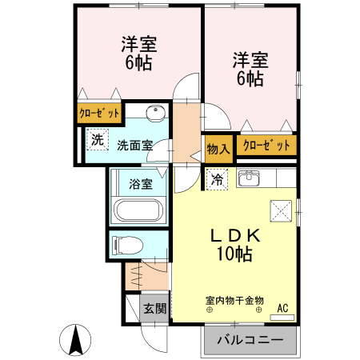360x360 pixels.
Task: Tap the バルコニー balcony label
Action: coord(250,340)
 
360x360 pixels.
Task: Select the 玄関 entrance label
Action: coord(155,308)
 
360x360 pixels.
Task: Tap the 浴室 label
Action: coord(141,183)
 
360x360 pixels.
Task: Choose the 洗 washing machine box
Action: coord(97,140)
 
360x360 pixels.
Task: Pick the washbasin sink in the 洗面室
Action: coord(155,112)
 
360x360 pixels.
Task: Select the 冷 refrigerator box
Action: coord(216,180)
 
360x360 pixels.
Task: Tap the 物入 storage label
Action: coord(218,147)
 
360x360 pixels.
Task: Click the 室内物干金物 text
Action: coord(235,301)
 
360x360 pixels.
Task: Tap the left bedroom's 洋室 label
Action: coord(139,42)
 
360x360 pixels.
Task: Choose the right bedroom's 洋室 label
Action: coord(250,59)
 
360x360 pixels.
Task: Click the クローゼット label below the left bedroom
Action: coord(99,114)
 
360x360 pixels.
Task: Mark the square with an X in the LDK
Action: coord(281,210)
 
